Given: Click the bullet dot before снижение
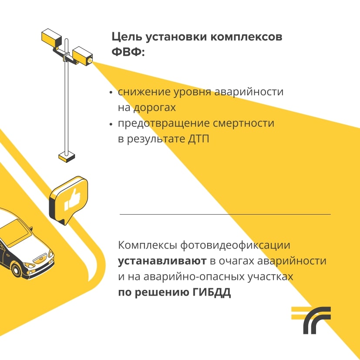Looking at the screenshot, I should [112, 93].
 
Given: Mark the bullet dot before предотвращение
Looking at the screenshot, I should [112, 124].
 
